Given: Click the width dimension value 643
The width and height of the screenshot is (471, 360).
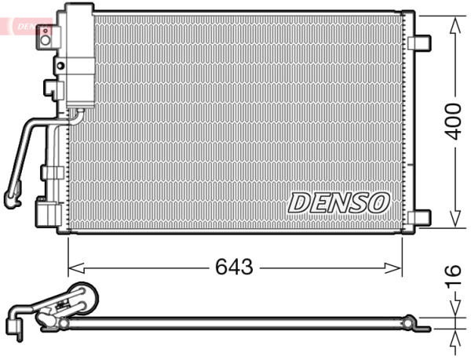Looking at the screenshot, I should click(234, 267).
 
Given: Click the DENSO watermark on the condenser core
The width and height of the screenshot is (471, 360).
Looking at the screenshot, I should click(338, 202).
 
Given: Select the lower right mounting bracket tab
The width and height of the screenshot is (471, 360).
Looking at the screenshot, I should click(422, 217).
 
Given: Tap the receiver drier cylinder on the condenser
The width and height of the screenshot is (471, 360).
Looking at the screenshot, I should click(78, 55).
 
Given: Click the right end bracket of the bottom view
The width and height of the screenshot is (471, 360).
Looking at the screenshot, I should click(408, 321).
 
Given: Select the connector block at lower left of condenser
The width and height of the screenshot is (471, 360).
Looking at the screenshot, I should click(46, 213).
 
